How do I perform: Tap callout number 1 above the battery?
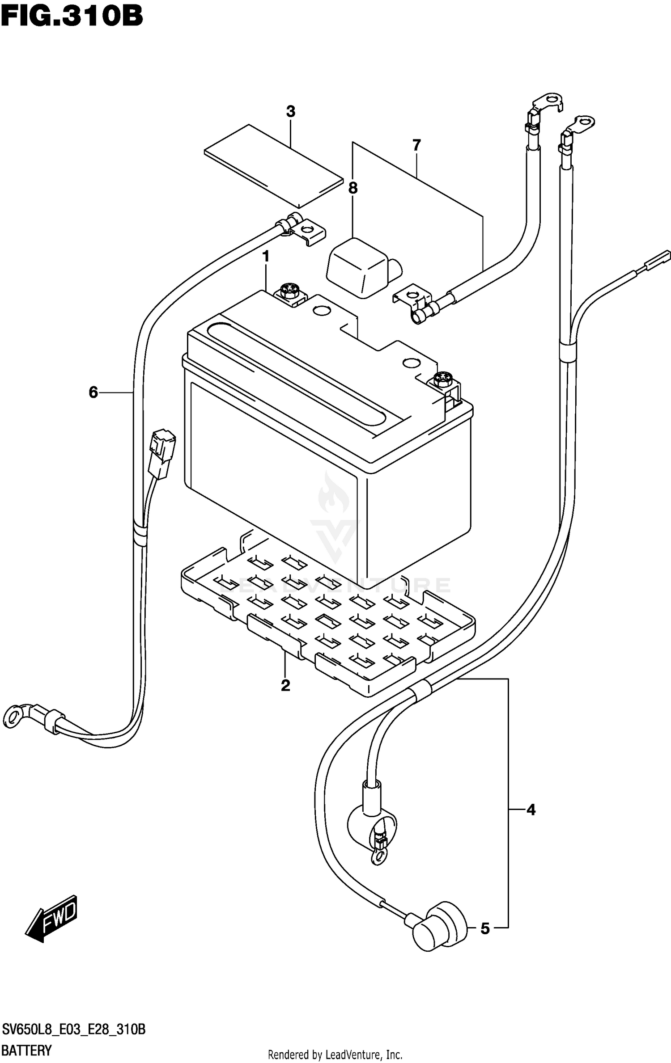pyautogui.click(x=266, y=257)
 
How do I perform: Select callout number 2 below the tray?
pyautogui.click(x=285, y=685)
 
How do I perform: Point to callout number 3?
pyautogui.click(x=291, y=111)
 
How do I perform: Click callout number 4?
pyautogui.click(x=531, y=810)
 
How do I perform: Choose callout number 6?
pyautogui.click(x=93, y=392)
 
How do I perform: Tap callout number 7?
pyautogui.click(x=416, y=145)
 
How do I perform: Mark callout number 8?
pyautogui.click(x=353, y=188)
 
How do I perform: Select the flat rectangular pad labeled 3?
pyautogui.click(x=273, y=166)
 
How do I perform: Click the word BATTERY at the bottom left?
pyautogui.click(x=27, y=1050)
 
